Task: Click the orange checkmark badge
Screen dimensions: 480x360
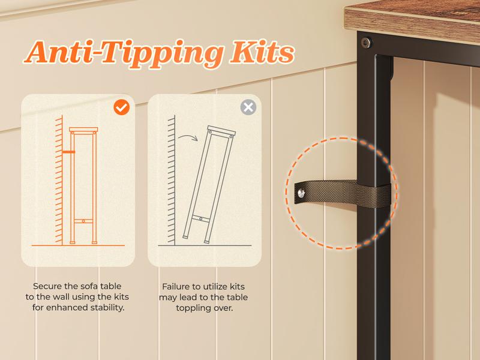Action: [122, 107]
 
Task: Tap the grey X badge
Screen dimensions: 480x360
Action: [248, 107]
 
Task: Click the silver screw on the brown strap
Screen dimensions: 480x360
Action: [301, 193]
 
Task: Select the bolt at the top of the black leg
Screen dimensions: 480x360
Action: [365, 43]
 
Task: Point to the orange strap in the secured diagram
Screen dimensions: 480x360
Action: [68, 152]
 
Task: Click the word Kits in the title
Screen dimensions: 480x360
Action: [262, 52]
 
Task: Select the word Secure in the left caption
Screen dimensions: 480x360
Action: [47, 286]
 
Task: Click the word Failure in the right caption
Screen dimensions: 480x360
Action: [176, 287]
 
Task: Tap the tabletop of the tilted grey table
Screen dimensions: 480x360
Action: [221, 131]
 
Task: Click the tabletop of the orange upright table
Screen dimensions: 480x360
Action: [83, 130]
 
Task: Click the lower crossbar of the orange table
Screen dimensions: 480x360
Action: [83, 221]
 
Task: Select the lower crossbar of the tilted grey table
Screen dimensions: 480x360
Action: [201, 218]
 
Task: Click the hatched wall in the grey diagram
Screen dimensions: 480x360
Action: [172, 180]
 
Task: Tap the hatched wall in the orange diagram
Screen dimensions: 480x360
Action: [59, 180]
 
